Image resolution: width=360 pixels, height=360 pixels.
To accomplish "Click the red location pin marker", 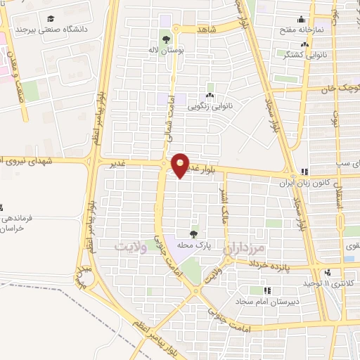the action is coord(181,165).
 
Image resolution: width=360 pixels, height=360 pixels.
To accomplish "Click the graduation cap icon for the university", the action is coord(51,19).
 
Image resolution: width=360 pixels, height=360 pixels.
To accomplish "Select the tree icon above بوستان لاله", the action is coord(166,39).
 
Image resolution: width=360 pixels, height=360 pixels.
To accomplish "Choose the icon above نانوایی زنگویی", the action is coord(210,96).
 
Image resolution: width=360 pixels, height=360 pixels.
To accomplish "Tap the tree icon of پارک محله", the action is coord(193,234).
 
